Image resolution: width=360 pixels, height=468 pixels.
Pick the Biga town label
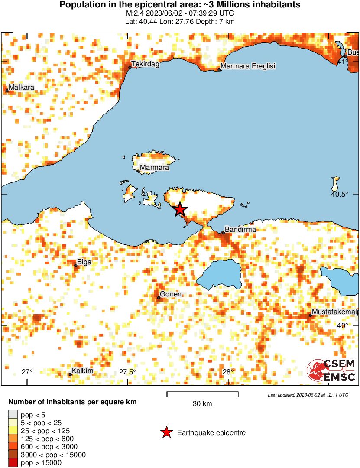click(x=84, y=262)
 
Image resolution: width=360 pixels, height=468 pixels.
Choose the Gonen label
click(x=170, y=295)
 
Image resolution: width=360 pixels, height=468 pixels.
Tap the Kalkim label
click(x=82, y=371)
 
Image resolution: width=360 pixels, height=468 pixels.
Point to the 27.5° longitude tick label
click(x=128, y=372)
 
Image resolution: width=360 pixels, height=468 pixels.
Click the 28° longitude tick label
click(x=228, y=372)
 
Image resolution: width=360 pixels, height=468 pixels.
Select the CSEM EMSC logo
click(x=331, y=370)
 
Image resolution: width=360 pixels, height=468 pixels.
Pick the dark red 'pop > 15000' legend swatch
click(x=13, y=463)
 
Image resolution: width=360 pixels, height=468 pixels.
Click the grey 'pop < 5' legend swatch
click(x=13, y=415)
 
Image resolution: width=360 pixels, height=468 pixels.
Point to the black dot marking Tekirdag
click(x=130, y=67)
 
